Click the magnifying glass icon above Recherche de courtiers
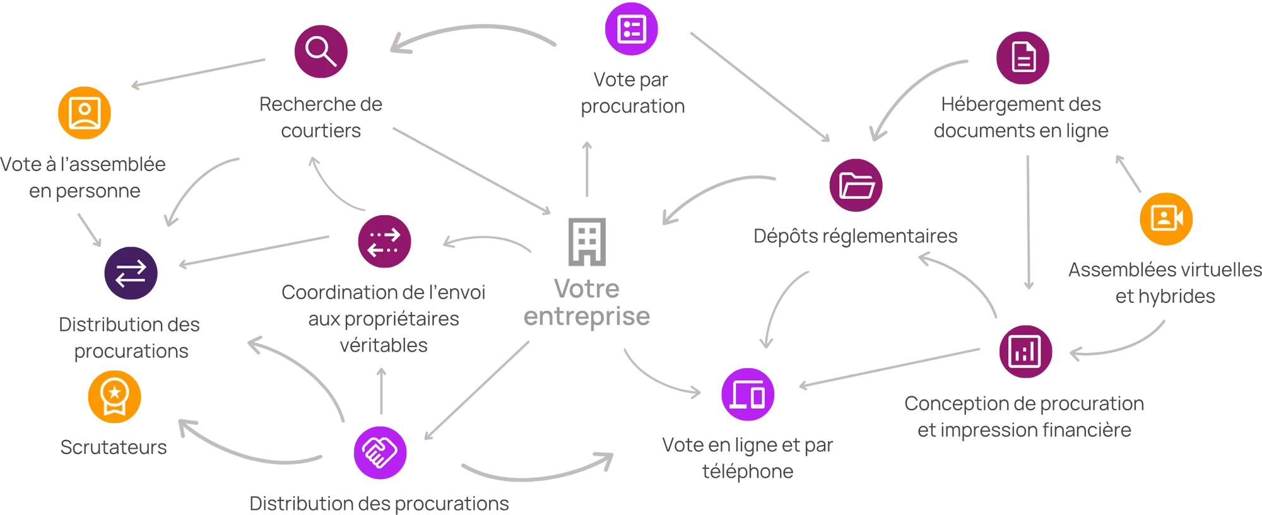coord(321,51)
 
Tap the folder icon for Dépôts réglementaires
coord(856,185)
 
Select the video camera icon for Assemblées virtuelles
coord(1166,218)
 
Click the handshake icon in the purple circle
coord(380,453)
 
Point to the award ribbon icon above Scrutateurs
coord(114,396)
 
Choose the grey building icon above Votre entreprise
coord(587,242)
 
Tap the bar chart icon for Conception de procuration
coord(1025,352)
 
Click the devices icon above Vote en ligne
coord(748,394)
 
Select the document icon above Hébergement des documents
coord(1023,58)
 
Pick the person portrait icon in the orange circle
coord(85,113)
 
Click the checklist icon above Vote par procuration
coord(632,29)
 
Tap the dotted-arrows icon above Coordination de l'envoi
coord(384,241)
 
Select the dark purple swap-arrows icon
coord(131,273)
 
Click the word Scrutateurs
coord(114,447)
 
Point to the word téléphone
coord(748,471)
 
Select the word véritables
coord(384,345)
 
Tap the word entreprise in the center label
coord(587,316)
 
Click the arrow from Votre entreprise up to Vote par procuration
coord(587,169)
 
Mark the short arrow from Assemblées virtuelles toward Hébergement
coord(1128,174)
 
